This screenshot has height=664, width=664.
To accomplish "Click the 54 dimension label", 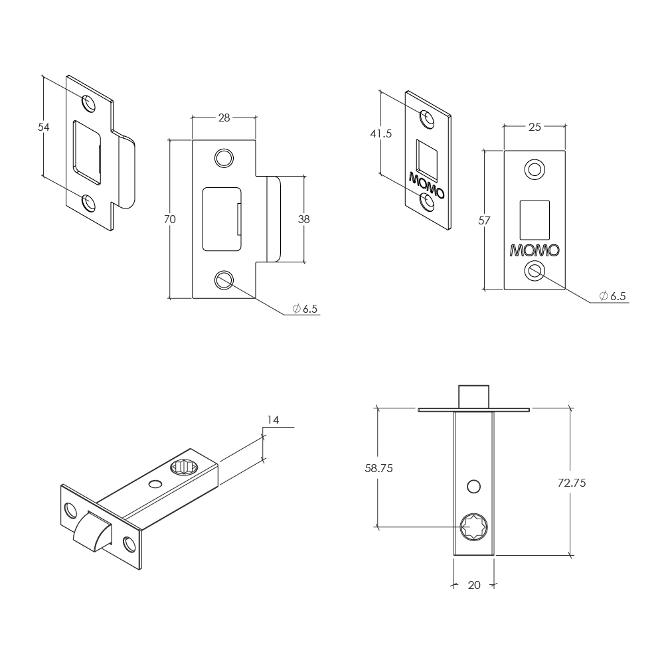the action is tap(44, 127).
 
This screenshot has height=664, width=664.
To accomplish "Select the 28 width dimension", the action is tap(224, 118).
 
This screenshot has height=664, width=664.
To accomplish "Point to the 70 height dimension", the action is tap(170, 219).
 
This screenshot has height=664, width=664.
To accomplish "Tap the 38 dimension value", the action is tap(304, 219).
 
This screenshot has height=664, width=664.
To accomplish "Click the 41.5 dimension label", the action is tap(380, 134).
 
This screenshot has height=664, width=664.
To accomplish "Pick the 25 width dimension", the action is tap(535, 127).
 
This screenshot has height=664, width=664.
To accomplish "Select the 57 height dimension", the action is tap(484, 220).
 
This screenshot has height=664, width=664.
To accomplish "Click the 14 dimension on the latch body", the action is tap(273, 420).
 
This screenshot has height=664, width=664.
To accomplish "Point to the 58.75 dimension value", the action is tap(379, 468).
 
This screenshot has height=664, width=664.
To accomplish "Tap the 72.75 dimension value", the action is tap(572, 483).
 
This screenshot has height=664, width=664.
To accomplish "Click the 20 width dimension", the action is tap(474, 585).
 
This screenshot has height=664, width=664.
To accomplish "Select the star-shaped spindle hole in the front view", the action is tap(474, 527).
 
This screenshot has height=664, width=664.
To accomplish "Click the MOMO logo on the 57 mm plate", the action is tap(535, 250).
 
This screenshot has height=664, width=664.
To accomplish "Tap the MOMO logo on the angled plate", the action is tap(426, 185).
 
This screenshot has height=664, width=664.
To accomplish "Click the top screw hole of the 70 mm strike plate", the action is tap(224, 158).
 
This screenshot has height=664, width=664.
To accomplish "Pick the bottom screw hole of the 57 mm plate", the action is tap(535, 271).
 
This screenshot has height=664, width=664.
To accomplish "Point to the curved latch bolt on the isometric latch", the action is tap(92, 532).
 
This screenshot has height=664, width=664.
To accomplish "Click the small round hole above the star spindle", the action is tap(474, 487).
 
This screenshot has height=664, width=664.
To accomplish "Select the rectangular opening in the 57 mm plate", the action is tap(535, 220).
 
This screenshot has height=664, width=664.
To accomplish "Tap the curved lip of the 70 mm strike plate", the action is tap(274, 219).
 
